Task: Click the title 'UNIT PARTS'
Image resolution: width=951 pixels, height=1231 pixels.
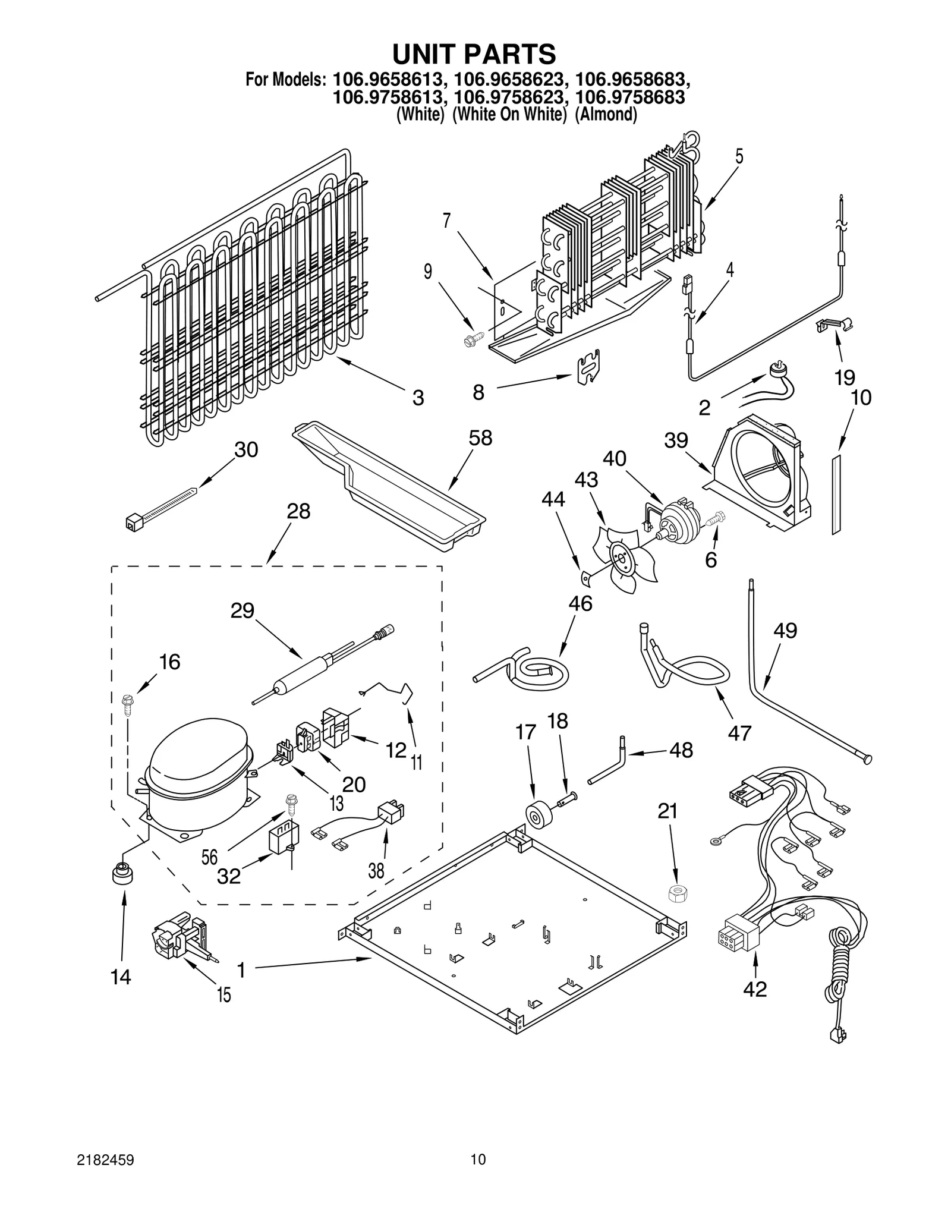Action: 474,54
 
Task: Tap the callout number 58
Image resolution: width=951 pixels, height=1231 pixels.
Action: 480,438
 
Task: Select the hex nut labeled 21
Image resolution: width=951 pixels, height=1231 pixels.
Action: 675,892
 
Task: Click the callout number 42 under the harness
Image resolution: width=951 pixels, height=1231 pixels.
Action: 755,989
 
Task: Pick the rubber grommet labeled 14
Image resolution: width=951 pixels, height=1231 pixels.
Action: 121,876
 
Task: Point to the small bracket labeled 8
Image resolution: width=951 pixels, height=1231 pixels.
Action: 589,367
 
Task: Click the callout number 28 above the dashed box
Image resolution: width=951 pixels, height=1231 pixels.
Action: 298,511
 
